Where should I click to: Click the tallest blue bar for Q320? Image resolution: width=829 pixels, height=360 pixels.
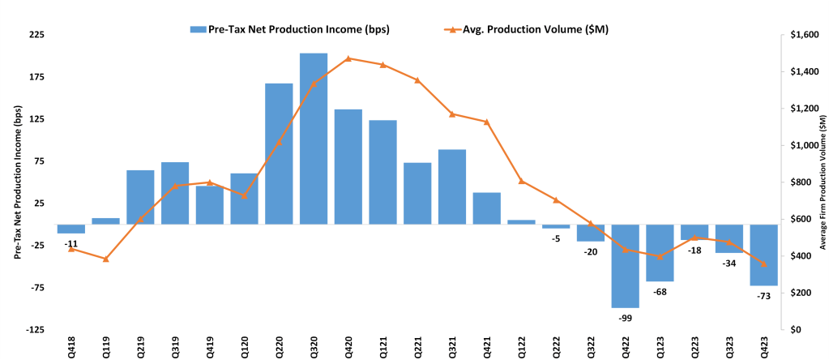(314, 138)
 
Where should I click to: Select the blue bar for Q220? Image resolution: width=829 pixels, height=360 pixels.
(279, 153)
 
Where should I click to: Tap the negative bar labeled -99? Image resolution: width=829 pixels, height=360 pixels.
(625, 266)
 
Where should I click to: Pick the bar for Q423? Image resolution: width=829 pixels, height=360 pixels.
(763, 255)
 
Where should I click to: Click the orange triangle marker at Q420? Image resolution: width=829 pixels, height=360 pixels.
(348, 58)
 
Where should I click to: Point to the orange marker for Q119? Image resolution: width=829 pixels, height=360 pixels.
(105, 259)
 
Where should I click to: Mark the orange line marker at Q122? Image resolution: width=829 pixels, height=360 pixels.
(521, 181)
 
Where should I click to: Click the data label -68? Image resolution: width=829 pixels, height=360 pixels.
(660, 291)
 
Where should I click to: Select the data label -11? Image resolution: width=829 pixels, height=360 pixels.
(71, 243)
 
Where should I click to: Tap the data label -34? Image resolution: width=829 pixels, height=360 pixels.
(729, 263)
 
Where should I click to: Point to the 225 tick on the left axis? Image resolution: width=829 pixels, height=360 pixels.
(36, 36)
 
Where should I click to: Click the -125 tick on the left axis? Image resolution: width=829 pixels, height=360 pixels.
(33, 330)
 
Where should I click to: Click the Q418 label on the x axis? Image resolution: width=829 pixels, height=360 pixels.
(71, 346)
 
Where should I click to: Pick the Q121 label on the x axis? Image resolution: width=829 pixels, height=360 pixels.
(382, 346)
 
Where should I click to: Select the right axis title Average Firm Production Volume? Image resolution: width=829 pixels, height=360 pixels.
(823, 182)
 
